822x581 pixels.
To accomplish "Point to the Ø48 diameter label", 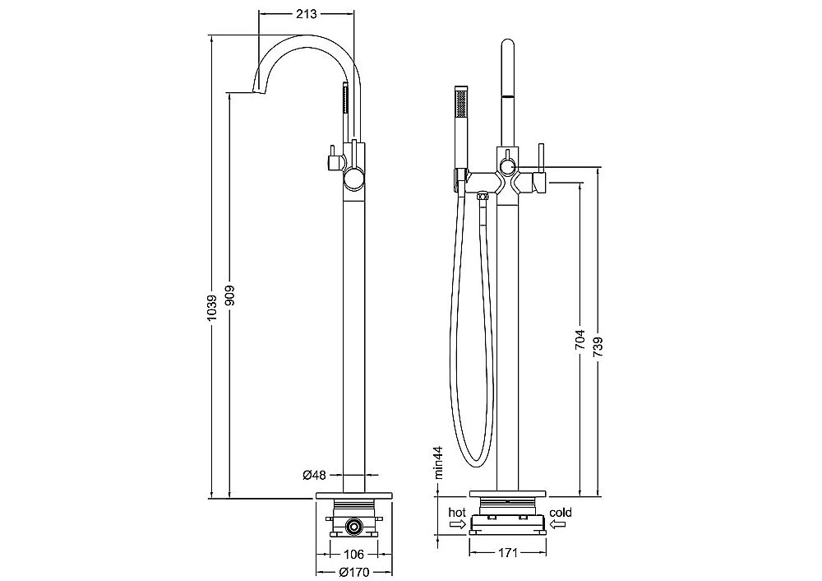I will (x=315, y=475).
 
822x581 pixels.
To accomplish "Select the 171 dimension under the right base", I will (x=507, y=552).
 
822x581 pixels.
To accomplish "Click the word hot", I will (x=457, y=512).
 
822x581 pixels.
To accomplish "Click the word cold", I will (x=561, y=512).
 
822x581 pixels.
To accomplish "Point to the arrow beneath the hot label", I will (x=458, y=524).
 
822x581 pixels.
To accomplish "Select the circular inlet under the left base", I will (x=354, y=525).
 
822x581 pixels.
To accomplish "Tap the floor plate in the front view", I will (x=508, y=494).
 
